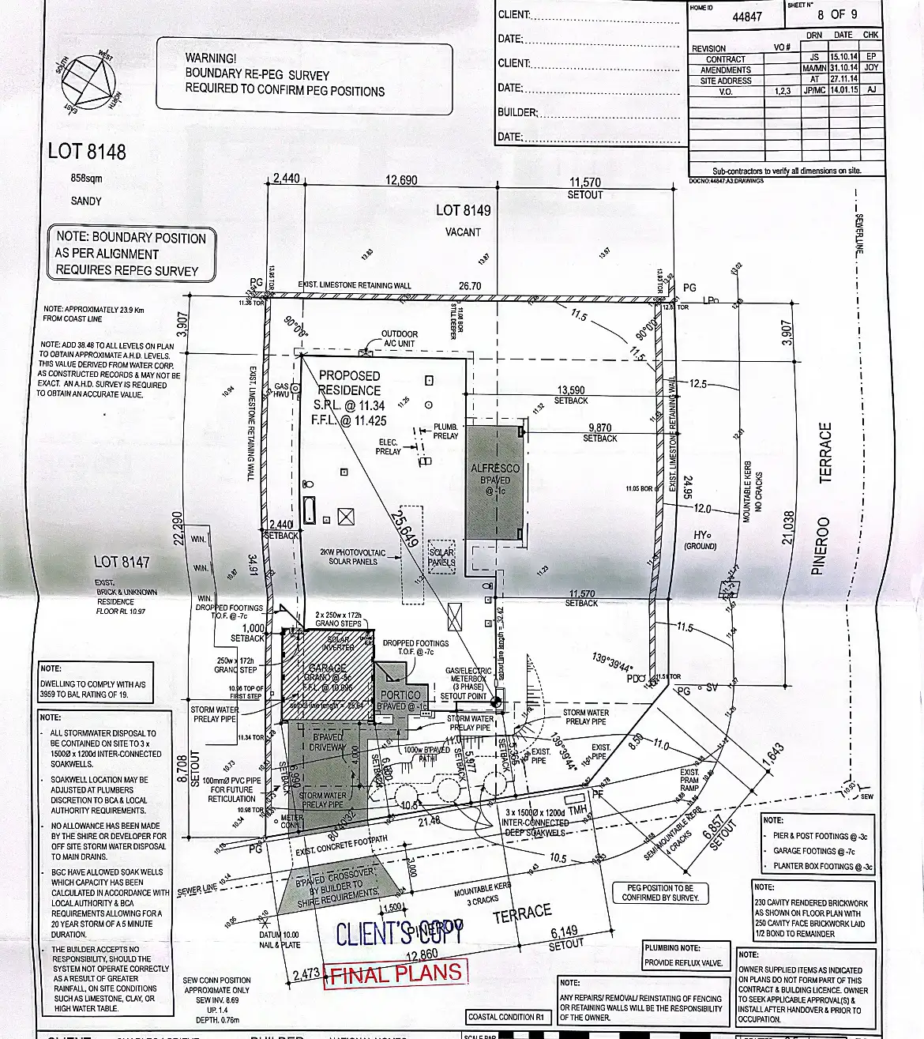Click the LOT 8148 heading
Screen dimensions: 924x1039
(x=87, y=151)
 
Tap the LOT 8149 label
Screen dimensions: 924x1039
(x=463, y=210)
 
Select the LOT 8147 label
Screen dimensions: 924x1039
(x=122, y=562)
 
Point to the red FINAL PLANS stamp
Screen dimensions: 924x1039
(x=396, y=973)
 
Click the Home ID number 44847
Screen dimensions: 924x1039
(x=747, y=17)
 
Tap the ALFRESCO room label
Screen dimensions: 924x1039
(x=495, y=469)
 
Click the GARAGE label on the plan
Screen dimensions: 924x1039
(x=327, y=668)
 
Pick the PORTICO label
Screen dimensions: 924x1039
(x=400, y=695)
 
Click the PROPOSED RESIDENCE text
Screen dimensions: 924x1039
(x=349, y=382)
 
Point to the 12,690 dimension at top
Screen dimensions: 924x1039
(x=401, y=180)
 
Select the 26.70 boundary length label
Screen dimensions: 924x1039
(x=470, y=286)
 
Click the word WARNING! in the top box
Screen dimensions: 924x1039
(x=211, y=58)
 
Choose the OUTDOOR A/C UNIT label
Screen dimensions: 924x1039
(x=399, y=339)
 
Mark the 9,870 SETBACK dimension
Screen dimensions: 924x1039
(x=600, y=432)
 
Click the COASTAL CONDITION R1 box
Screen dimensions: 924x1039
(x=505, y=1017)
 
